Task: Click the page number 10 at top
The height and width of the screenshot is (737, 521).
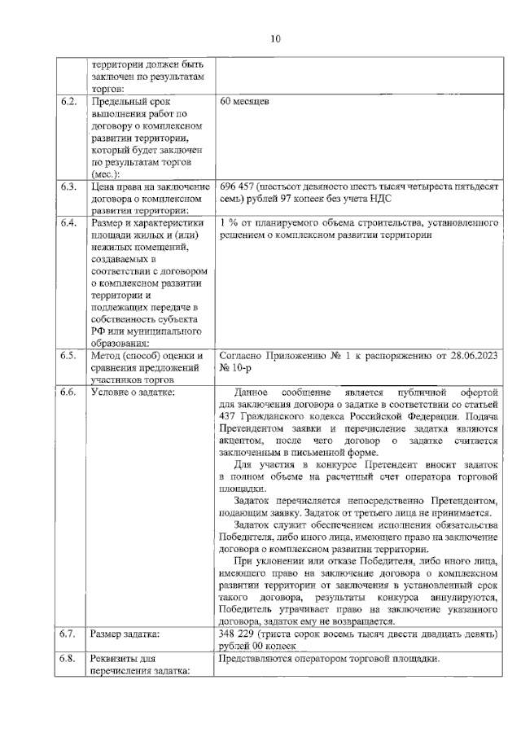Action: point(275,38)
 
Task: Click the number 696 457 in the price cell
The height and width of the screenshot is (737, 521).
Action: point(238,186)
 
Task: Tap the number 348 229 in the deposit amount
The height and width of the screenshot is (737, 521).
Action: point(238,634)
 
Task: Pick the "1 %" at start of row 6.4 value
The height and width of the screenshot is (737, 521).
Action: point(229,222)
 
